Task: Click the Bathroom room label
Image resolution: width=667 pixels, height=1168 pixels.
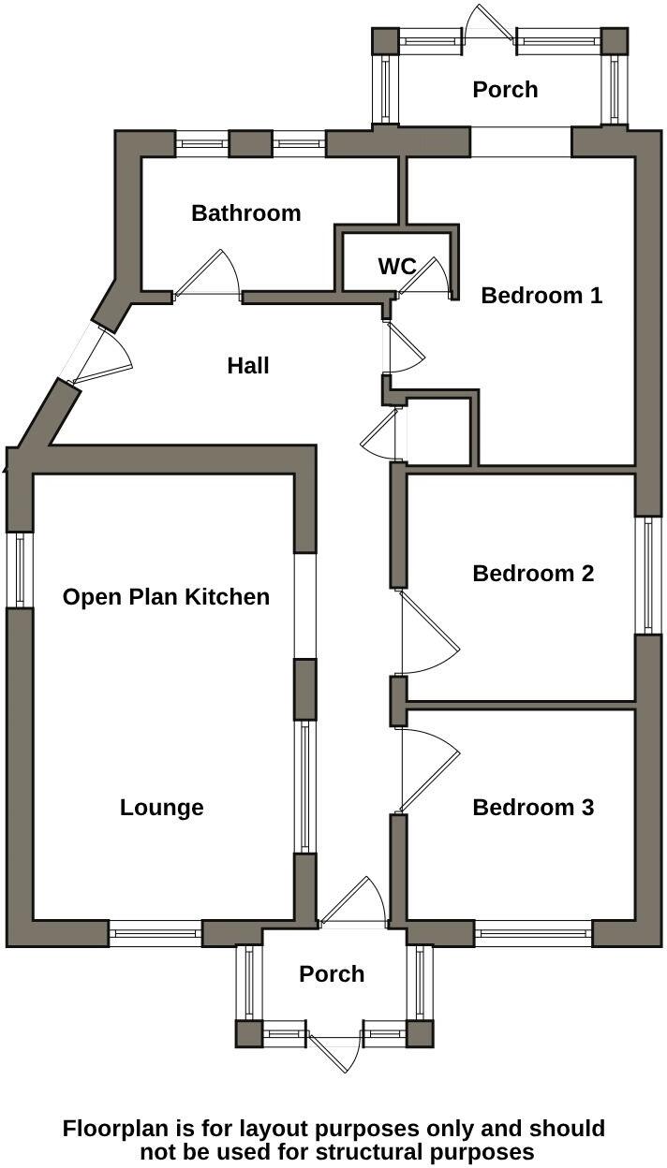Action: tap(245, 213)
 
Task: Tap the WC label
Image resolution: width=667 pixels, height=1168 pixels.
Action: tap(396, 267)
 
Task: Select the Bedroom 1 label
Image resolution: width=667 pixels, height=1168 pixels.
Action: tap(541, 296)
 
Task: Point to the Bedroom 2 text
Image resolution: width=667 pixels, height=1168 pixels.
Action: tap(533, 573)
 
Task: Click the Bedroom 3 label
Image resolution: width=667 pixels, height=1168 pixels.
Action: tap(533, 807)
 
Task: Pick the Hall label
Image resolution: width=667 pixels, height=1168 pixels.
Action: tap(248, 365)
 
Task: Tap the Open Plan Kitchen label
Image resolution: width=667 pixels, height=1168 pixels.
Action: tap(166, 597)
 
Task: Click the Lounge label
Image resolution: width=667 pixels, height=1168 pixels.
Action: tap(161, 807)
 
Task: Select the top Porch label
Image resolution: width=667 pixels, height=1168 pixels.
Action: tap(505, 90)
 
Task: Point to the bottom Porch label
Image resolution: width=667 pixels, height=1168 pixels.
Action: tap(332, 974)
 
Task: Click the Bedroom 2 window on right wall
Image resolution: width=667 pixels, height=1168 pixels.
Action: tap(645, 575)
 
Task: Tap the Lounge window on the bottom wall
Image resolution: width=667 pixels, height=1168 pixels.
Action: tap(156, 932)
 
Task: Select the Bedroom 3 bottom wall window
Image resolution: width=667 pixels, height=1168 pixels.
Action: tap(533, 932)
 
